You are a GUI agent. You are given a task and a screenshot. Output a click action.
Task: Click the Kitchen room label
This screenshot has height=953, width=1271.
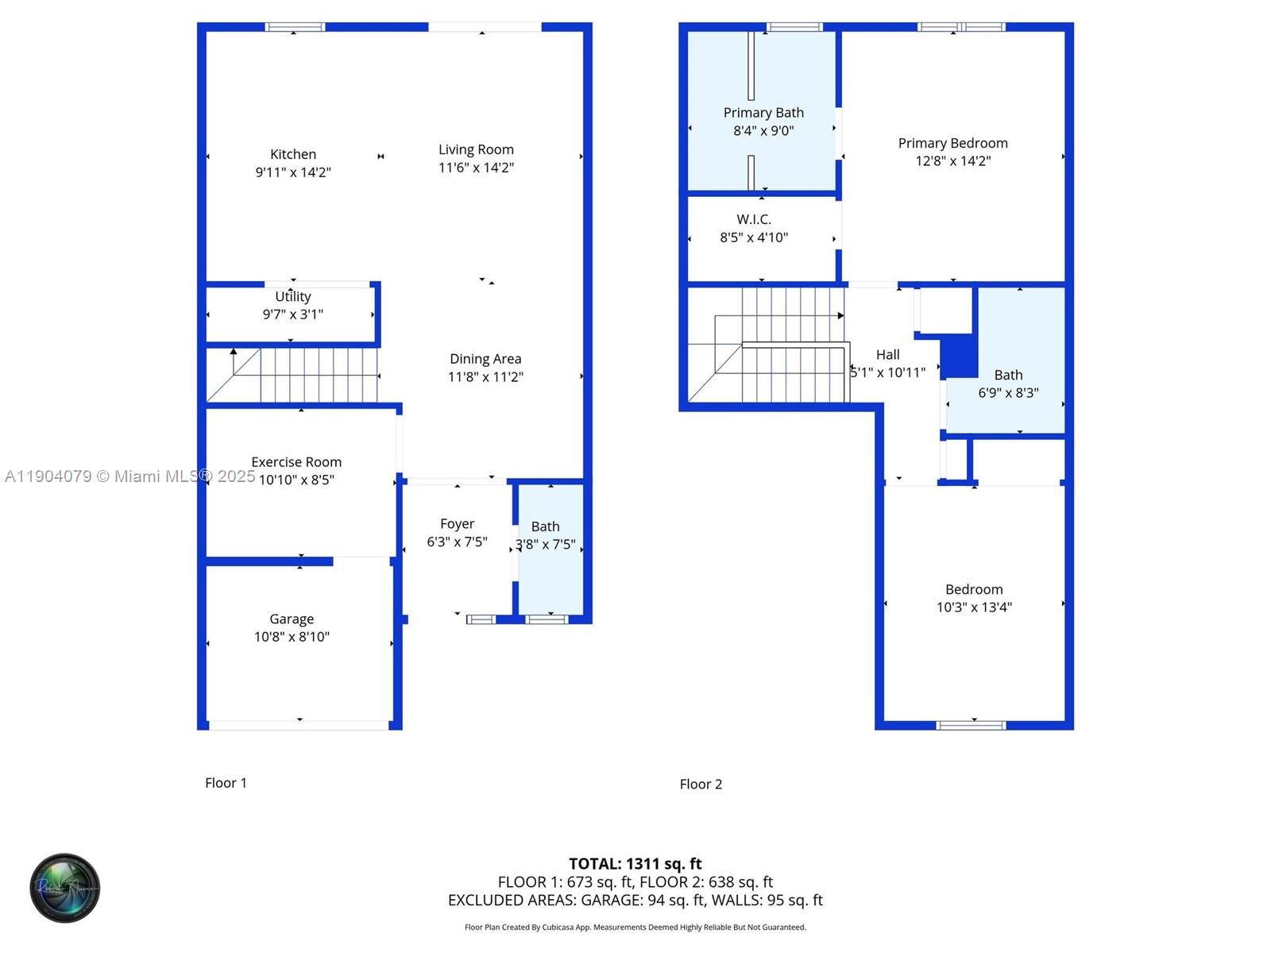click(293, 154)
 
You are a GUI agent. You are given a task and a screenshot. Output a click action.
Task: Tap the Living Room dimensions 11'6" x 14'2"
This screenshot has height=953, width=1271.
click(476, 168)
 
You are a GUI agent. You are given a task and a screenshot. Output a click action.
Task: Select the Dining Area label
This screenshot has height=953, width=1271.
click(485, 359)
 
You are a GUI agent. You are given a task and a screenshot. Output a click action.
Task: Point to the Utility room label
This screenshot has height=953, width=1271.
click(293, 296)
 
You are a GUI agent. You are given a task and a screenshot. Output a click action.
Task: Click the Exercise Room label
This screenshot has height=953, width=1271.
click(296, 462)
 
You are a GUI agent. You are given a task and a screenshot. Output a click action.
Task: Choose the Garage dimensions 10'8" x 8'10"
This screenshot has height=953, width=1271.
click(292, 637)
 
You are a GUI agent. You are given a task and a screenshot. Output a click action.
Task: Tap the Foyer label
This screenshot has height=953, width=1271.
click(457, 524)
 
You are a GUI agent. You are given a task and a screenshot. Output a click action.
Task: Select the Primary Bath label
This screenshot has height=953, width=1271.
click(763, 113)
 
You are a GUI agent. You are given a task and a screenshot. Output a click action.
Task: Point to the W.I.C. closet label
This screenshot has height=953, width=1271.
click(754, 219)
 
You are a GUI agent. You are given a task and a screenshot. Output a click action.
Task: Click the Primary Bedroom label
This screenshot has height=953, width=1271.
click(952, 143)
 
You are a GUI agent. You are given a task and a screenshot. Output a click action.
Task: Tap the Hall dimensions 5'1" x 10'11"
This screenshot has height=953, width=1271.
click(888, 372)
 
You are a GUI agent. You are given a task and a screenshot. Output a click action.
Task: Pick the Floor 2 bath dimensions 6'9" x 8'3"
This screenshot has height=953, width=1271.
click(1008, 393)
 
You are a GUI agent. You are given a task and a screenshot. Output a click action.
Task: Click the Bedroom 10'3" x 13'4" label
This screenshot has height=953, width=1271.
click(974, 589)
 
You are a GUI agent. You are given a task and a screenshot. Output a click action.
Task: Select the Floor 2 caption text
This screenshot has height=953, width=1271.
click(701, 784)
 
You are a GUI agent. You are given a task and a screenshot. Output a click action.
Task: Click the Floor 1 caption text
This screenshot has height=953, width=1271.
click(226, 783)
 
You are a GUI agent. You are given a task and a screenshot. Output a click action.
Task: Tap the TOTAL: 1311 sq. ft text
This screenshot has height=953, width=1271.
click(635, 863)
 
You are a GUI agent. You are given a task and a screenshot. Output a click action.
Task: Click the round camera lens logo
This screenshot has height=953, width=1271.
click(65, 888)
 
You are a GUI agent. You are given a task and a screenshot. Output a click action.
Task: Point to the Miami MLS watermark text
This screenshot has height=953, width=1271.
click(129, 476)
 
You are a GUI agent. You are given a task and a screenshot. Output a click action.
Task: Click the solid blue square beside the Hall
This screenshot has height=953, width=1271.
click(959, 357)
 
